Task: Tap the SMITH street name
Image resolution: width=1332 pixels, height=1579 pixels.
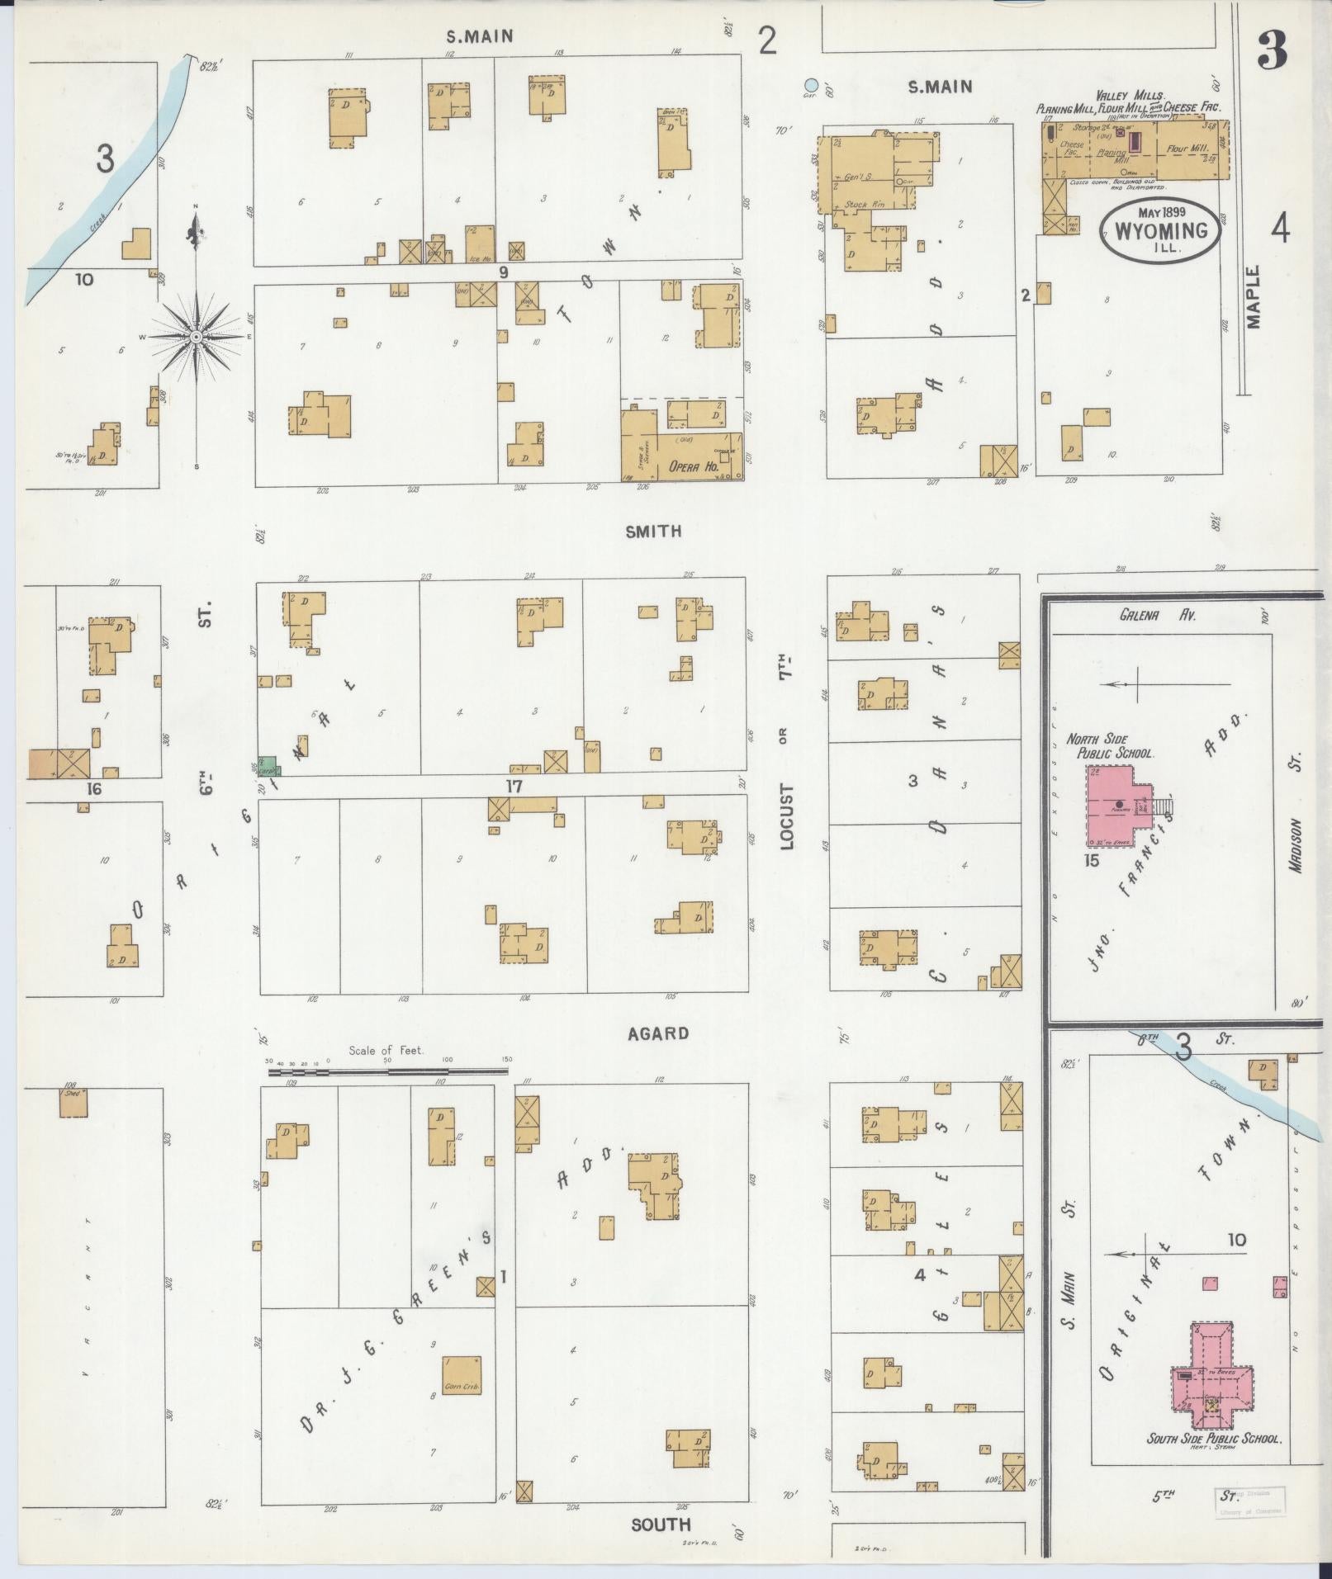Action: click(653, 532)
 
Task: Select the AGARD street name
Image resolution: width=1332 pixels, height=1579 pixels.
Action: click(658, 1033)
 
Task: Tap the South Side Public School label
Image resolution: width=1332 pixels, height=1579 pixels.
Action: click(1214, 1438)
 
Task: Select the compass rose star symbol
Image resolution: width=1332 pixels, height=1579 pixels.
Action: click(197, 337)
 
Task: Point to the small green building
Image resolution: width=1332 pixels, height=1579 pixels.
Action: click(268, 765)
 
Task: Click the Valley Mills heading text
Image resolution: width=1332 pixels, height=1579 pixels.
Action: click(1128, 96)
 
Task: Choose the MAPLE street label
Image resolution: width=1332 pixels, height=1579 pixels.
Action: click(1254, 297)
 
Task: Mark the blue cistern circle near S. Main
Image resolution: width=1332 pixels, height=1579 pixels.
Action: click(811, 84)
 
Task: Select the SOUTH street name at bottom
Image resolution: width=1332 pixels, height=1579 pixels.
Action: click(661, 1524)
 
